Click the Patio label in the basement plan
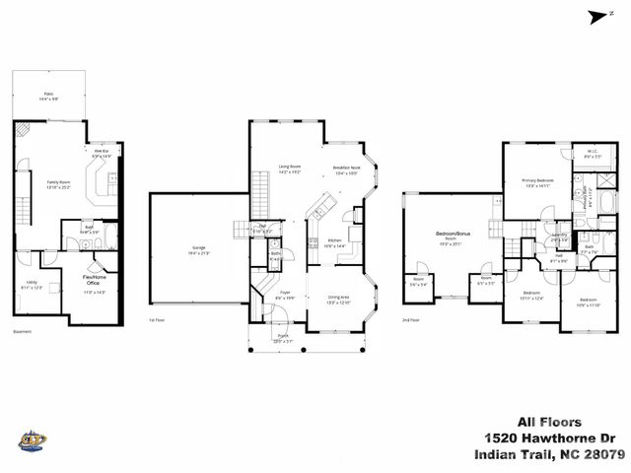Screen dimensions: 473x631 click(48, 96)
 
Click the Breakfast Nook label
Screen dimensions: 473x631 click(347, 169)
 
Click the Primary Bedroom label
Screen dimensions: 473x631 click(537, 182)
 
